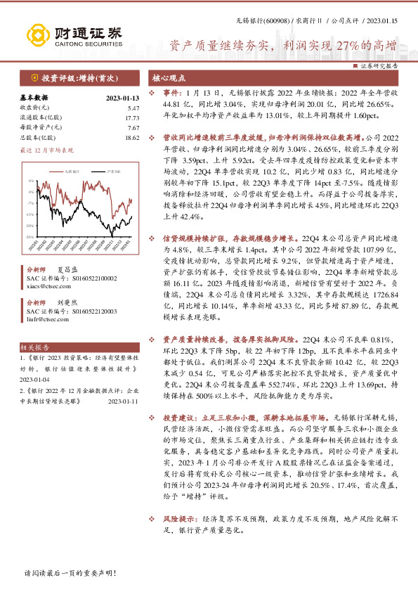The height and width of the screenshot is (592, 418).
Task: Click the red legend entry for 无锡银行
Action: click(x=69, y=171)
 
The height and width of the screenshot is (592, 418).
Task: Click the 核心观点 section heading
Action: click(x=170, y=79)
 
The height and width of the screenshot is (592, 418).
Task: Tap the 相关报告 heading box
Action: click(x=34, y=347)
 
